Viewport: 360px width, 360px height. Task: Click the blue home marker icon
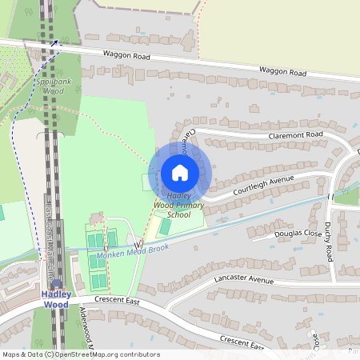tap(180, 172)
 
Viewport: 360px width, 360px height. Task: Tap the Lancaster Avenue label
tap(244, 280)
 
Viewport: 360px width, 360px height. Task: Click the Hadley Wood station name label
tap(55, 299)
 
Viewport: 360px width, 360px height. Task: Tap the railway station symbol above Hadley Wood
tap(55, 284)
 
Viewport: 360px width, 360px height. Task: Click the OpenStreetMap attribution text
tap(80, 354)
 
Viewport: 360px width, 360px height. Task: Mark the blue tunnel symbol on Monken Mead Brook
tap(139, 242)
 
